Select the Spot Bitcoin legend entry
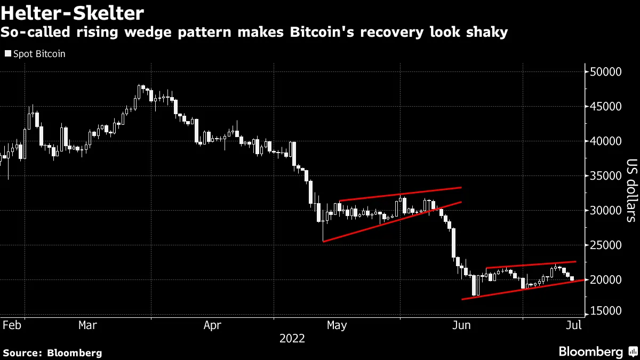pos(35,54)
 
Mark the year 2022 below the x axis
pos(292,338)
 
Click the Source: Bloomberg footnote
pos(52,353)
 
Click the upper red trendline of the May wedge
pos(400,194)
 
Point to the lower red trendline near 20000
pos(523,290)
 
